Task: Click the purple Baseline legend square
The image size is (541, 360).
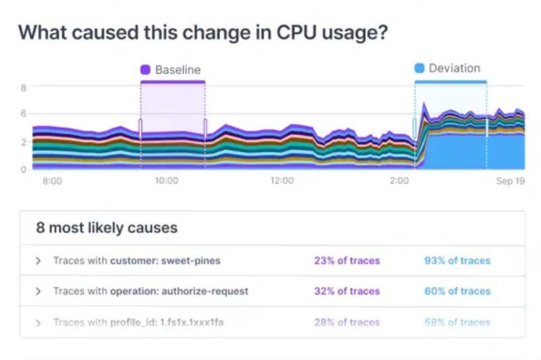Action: click(145, 70)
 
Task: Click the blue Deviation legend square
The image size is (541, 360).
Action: click(419, 68)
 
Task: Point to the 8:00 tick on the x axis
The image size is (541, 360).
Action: click(52, 181)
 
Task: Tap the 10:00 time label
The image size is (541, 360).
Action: click(166, 181)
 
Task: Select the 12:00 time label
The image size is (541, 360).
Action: click(282, 181)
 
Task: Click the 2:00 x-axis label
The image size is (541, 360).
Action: click(399, 181)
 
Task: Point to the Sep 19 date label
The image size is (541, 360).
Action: click(511, 181)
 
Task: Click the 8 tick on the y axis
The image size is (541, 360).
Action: click(24, 88)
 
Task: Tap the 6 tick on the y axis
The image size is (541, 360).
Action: click(24, 114)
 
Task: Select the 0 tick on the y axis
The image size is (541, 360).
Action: click(24, 169)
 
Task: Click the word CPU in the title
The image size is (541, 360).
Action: click(296, 32)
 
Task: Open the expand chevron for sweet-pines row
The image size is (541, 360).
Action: click(39, 261)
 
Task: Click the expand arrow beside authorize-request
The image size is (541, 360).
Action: click(39, 291)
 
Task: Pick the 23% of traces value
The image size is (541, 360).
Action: click(347, 261)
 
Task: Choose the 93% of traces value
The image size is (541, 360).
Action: click(457, 261)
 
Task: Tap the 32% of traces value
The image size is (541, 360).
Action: click(347, 291)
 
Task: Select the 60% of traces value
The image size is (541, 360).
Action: click(457, 291)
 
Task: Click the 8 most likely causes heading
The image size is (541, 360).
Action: click(107, 228)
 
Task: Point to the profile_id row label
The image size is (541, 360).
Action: click(139, 322)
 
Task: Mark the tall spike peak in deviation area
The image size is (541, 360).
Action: click(424, 104)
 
